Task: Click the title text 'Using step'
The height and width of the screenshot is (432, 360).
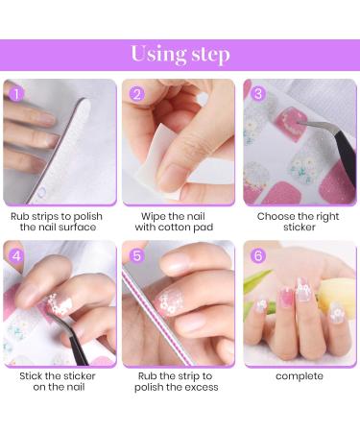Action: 180,54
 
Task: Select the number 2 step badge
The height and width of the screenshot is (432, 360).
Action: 136,94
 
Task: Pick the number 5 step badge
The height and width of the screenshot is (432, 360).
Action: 136,256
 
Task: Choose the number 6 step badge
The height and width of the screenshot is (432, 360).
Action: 256,256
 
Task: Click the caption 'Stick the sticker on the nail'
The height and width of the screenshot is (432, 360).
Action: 59,380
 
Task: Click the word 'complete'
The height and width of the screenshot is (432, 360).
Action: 300,375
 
